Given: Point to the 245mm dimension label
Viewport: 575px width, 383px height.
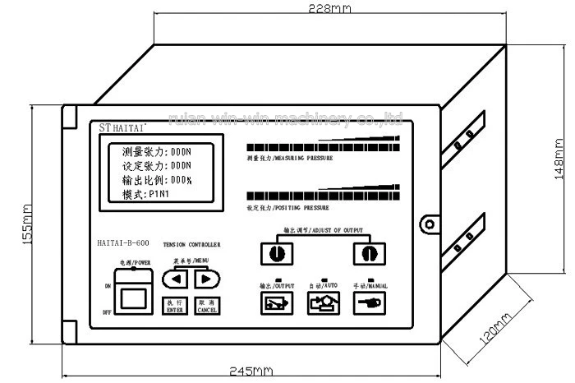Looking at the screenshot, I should click(251, 371).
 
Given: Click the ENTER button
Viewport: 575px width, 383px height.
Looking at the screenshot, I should click(174, 306).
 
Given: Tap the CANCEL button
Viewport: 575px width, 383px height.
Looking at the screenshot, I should click(207, 306).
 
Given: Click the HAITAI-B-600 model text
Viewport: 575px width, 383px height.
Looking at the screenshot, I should click(123, 243).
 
